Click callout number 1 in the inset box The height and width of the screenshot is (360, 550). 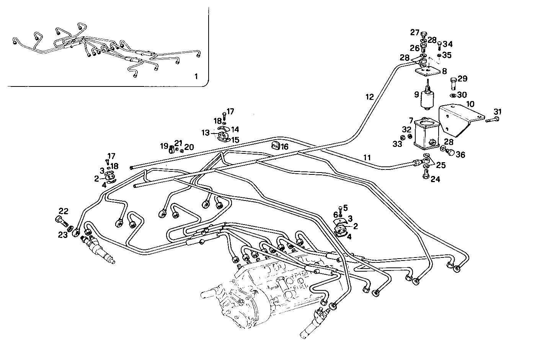point(196,77)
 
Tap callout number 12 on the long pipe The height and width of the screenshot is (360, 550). point(369,97)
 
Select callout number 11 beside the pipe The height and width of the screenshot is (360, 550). point(367,157)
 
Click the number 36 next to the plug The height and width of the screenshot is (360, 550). point(460,155)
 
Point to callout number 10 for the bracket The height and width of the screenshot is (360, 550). point(470,104)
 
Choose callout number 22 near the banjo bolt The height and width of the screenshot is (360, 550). point(64,211)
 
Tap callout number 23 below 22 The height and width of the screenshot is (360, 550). point(63,235)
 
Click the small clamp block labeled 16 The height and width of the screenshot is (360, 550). point(275,146)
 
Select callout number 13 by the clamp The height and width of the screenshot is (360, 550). point(206,133)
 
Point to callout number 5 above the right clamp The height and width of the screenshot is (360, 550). point(345,208)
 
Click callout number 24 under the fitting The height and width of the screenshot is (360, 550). point(435,179)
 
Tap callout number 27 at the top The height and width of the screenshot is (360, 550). point(415,33)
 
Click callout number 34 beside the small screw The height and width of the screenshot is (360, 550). point(447,44)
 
